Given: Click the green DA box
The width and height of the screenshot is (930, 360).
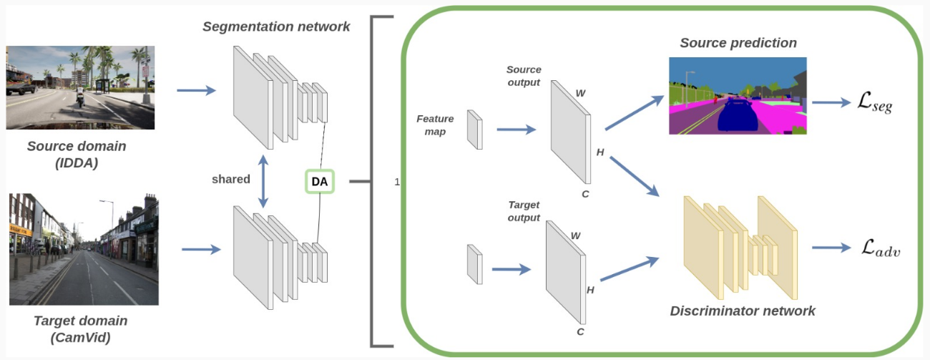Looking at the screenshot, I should pyautogui.click(x=319, y=182).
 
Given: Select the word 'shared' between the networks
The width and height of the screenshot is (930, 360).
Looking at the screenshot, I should pyautogui.click(x=230, y=178).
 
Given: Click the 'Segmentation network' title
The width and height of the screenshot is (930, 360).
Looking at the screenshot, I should pyautogui.click(x=276, y=27).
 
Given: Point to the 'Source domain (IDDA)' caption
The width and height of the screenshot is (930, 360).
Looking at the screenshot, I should pyautogui.click(x=77, y=153).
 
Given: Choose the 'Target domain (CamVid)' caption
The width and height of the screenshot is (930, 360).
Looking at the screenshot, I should pyautogui.click(x=81, y=328).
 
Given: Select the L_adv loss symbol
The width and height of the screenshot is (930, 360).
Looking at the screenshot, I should pyautogui.click(x=880, y=250).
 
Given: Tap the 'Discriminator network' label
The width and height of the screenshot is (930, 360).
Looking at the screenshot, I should pyautogui.click(x=743, y=311).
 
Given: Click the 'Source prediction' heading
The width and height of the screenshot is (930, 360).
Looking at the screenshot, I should pyautogui.click(x=738, y=43).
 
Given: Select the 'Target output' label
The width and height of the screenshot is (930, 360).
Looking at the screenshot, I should pyautogui.click(x=523, y=212).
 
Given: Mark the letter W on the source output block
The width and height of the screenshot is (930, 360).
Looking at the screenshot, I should pyautogui.click(x=579, y=92).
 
